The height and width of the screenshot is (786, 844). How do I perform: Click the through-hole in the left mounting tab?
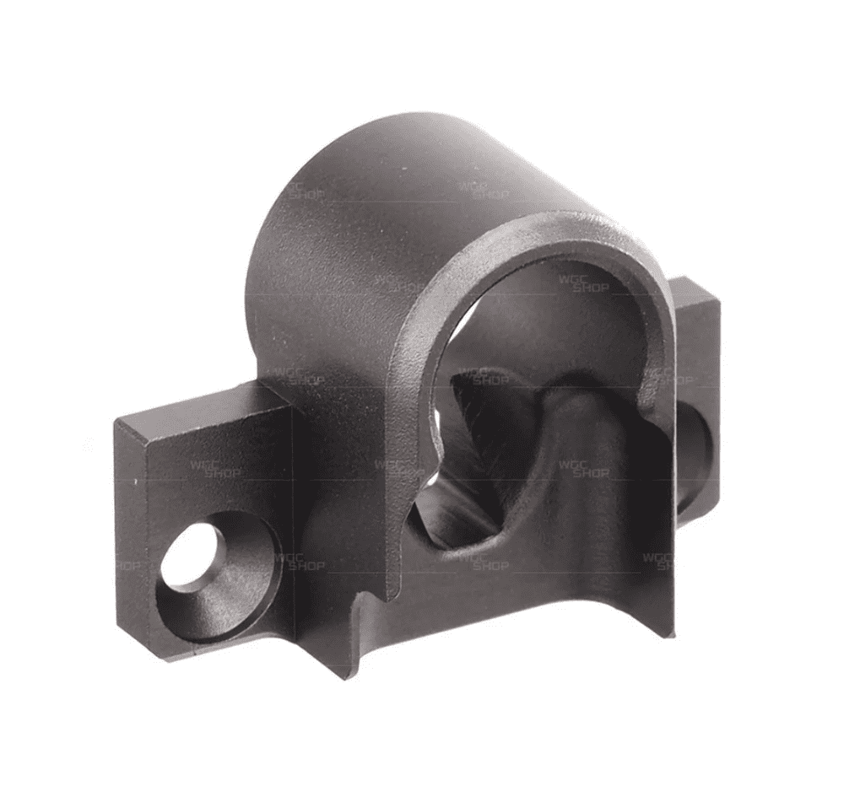[192, 557]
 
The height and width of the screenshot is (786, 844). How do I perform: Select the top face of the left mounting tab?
[203, 403]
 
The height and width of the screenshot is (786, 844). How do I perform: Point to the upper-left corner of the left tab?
[116, 419]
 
